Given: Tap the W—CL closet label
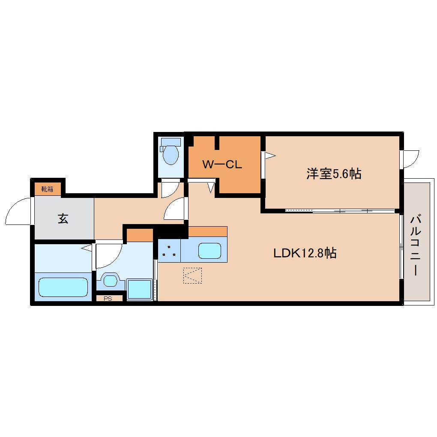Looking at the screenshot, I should point(222,165).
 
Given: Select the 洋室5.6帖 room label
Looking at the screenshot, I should point(333,174).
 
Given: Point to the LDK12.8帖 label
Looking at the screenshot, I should point(305,253).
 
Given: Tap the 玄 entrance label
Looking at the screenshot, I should point(63,219).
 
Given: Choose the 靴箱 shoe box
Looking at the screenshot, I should point(47,189).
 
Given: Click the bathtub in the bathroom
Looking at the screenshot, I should point(63,287).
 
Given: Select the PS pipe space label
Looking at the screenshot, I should point(108,299).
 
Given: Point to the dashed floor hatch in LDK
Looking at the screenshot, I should point(192,275).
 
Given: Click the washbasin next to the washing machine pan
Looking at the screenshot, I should point(111,281).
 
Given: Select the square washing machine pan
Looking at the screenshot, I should point(139,290).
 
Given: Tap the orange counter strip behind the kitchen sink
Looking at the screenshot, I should point(207,232).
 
